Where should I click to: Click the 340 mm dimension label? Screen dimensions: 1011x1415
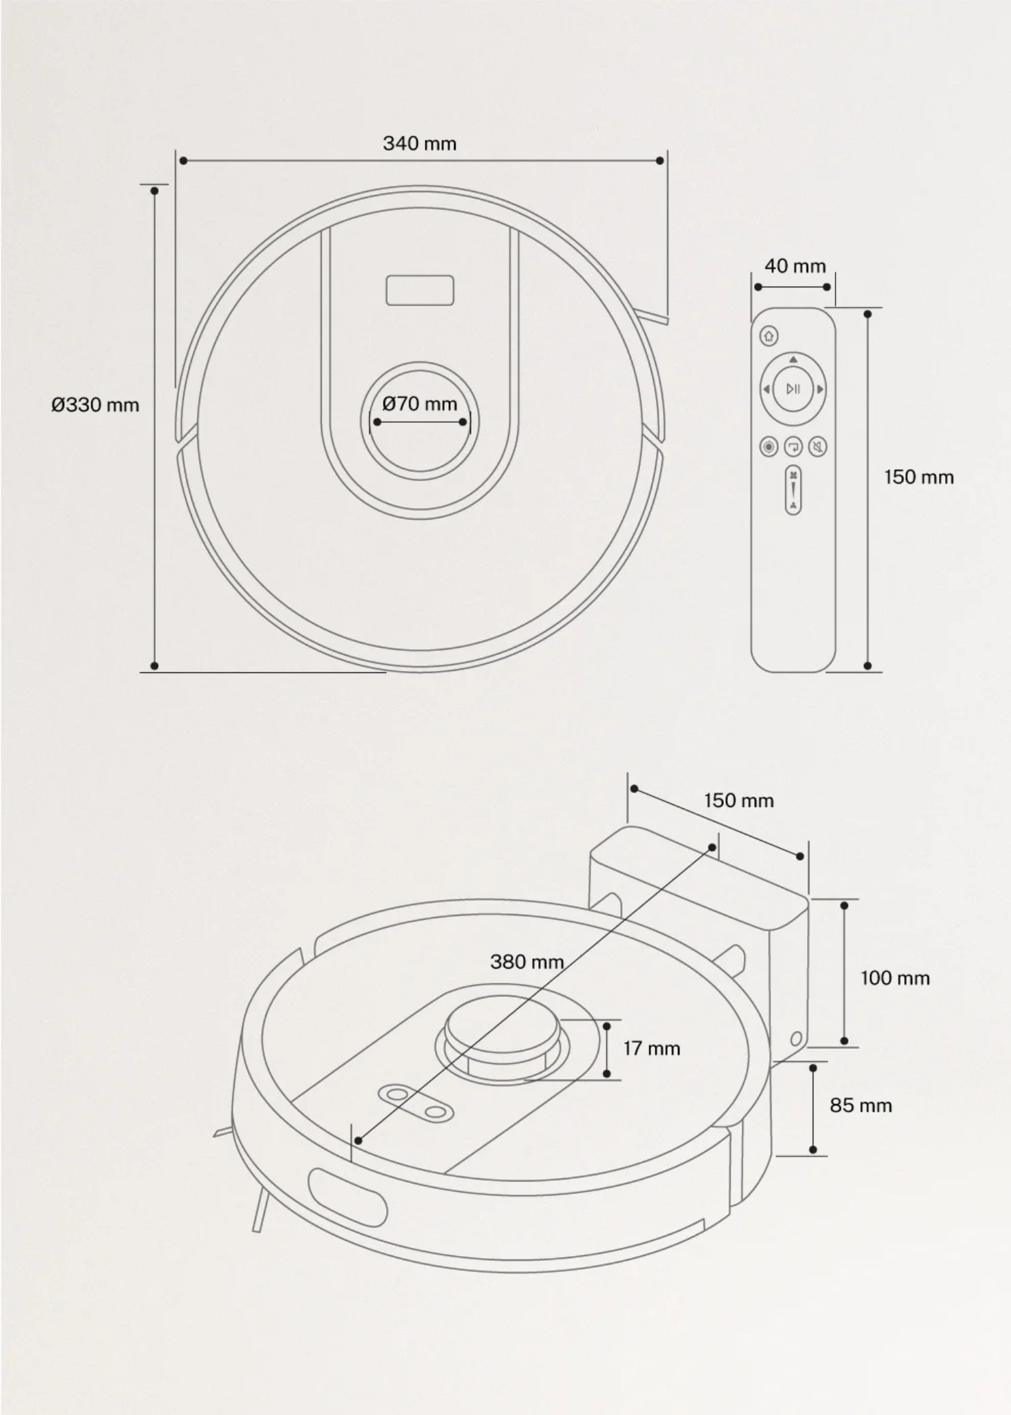pyautogui.click(x=419, y=144)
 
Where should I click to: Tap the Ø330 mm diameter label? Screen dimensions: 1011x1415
pyautogui.click(x=95, y=405)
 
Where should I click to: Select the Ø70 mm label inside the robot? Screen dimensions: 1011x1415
pyautogui.click(x=420, y=403)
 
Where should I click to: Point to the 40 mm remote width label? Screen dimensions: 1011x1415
pyautogui.click(x=795, y=266)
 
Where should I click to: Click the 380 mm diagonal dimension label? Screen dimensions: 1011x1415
pyautogui.click(x=527, y=962)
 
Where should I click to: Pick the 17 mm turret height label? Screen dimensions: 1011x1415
pyautogui.click(x=651, y=1048)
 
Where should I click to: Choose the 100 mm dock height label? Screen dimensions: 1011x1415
pyautogui.click(x=895, y=978)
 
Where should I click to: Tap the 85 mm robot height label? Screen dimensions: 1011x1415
pyautogui.click(x=860, y=1105)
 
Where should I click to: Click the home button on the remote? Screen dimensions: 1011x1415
pyautogui.click(x=769, y=336)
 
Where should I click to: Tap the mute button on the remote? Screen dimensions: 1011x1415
pyautogui.click(x=818, y=447)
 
